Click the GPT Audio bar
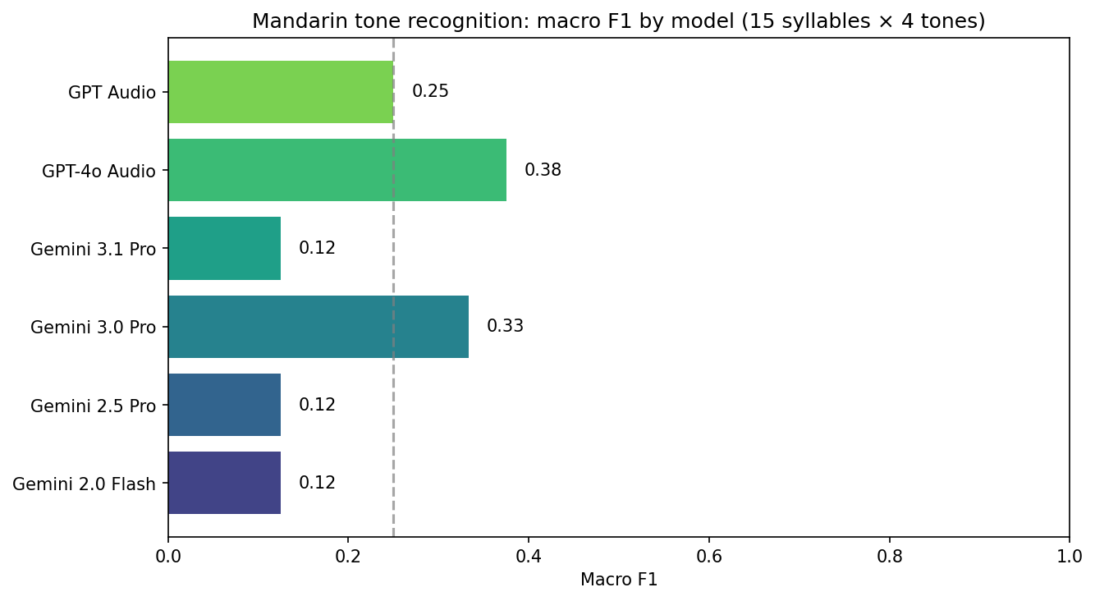281,92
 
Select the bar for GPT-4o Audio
337,170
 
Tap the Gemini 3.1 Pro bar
224,248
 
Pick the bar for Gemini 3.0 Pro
318,327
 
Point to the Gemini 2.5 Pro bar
224,405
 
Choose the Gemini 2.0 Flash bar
224,483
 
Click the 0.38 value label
543,171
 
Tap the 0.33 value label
505,327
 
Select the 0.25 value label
430,92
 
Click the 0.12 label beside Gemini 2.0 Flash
317,483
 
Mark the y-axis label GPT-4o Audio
99,171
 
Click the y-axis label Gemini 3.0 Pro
93,327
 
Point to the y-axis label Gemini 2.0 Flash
84,484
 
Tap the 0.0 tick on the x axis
168,555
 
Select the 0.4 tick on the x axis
529,555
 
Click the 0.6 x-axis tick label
709,555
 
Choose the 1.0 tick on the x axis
1069,555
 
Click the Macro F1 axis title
618,580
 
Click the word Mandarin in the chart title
287,21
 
